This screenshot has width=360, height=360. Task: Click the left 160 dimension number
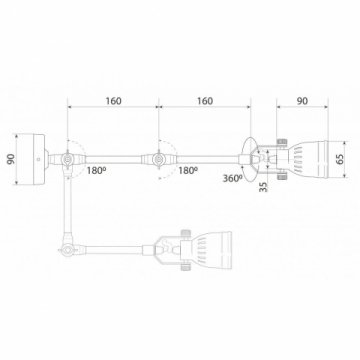pos(113,100)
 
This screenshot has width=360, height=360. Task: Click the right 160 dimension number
pos(205,100)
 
